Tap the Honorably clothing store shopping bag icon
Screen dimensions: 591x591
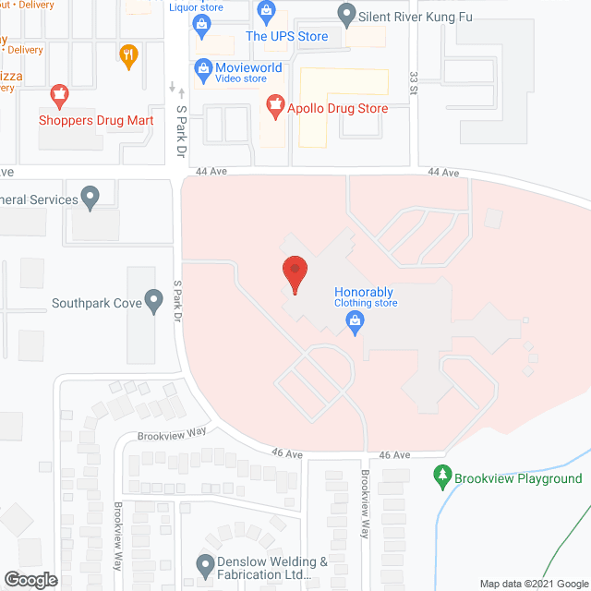coord(353,321)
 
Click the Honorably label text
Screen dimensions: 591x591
coord(364,293)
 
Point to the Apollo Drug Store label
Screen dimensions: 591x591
coord(337,108)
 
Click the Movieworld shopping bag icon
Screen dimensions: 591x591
coord(202,68)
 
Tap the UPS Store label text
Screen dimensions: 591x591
coord(286,36)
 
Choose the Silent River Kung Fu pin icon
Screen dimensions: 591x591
coord(346,15)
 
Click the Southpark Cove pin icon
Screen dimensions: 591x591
coord(154,301)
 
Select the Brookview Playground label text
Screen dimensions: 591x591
coord(522,478)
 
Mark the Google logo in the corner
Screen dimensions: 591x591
coord(30,580)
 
